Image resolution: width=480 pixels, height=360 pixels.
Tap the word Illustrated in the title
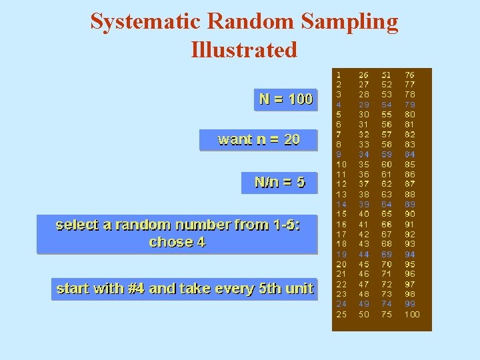(x=244, y=50)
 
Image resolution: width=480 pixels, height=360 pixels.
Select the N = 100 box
(x=286, y=99)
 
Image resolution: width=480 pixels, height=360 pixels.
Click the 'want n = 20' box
(x=259, y=139)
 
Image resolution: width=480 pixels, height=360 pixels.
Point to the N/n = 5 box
(x=279, y=182)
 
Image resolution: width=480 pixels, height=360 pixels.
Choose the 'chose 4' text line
(x=177, y=242)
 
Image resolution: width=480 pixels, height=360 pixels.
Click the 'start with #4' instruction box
(x=185, y=289)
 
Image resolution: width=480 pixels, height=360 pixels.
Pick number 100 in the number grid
(x=412, y=315)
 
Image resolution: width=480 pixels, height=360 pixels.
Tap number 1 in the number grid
(x=339, y=75)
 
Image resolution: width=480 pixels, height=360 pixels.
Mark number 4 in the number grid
(x=339, y=105)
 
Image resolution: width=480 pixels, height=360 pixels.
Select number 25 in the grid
(x=341, y=315)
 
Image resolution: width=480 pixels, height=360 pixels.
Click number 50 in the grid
(x=364, y=315)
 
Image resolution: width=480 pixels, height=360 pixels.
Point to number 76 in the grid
(x=409, y=75)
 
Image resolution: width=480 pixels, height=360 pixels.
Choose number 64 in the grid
(x=387, y=205)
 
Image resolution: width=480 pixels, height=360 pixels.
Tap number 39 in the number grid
(x=364, y=205)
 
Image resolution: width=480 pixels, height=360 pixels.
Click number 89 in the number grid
(x=409, y=205)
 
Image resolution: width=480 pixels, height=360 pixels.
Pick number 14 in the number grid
(x=341, y=205)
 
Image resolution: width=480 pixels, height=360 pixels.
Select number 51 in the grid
(x=387, y=75)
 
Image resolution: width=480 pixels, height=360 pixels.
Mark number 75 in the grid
(x=387, y=315)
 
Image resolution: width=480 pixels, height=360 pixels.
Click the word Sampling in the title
(x=349, y=22)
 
